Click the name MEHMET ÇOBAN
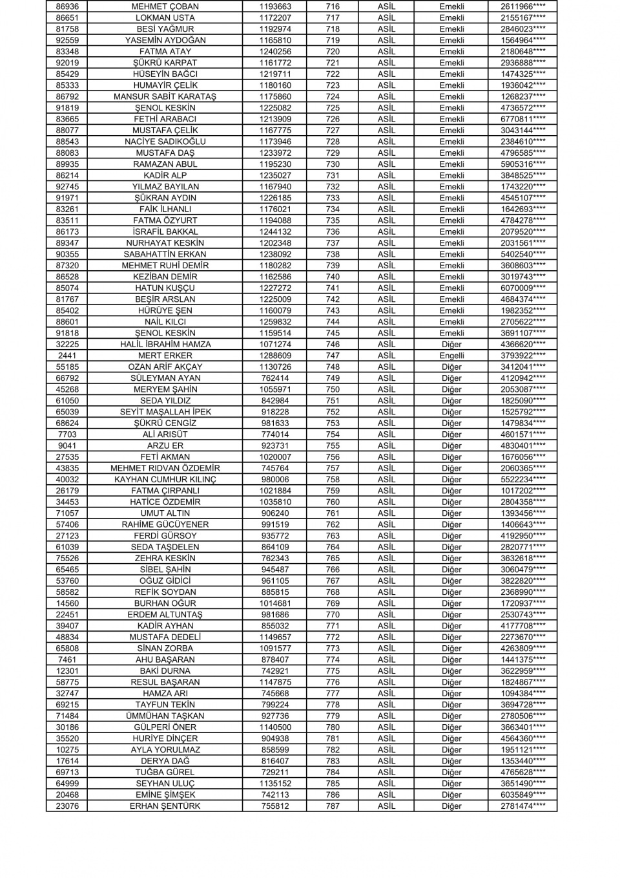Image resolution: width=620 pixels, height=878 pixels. pos(165,6)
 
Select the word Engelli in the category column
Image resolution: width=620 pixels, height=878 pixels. pos(451,356)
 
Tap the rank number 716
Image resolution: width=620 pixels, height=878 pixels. pos(333,6)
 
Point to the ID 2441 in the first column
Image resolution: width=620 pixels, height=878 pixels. pos(67,356)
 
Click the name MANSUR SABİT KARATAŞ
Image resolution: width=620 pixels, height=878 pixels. pos(165,96)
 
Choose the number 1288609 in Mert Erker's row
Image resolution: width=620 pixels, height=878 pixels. pos(275,356)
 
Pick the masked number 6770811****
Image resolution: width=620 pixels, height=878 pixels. pos(522,119)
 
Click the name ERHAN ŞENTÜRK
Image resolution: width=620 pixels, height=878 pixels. pos(165,806)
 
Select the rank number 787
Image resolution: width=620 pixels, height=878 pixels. pos(333,806)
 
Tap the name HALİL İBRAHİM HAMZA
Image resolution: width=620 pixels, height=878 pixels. pos(165,345)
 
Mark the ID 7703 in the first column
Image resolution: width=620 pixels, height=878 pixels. pos(67,434)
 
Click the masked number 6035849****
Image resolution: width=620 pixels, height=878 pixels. pos(522,795)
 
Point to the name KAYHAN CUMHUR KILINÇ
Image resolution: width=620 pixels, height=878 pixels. pos(165,480)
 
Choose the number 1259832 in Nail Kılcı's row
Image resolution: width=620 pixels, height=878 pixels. pos(275,322)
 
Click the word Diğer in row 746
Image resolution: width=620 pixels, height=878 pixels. pos(451,345)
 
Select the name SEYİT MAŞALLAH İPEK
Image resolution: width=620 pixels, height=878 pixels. pos(165,412)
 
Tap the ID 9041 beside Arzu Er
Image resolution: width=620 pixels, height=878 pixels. pos(67,445)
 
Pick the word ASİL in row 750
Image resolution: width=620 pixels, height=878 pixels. pos(386,389)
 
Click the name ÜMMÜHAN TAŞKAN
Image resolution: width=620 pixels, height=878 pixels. pos(165,716)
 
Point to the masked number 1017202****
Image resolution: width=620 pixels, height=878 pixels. pos(522,491)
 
